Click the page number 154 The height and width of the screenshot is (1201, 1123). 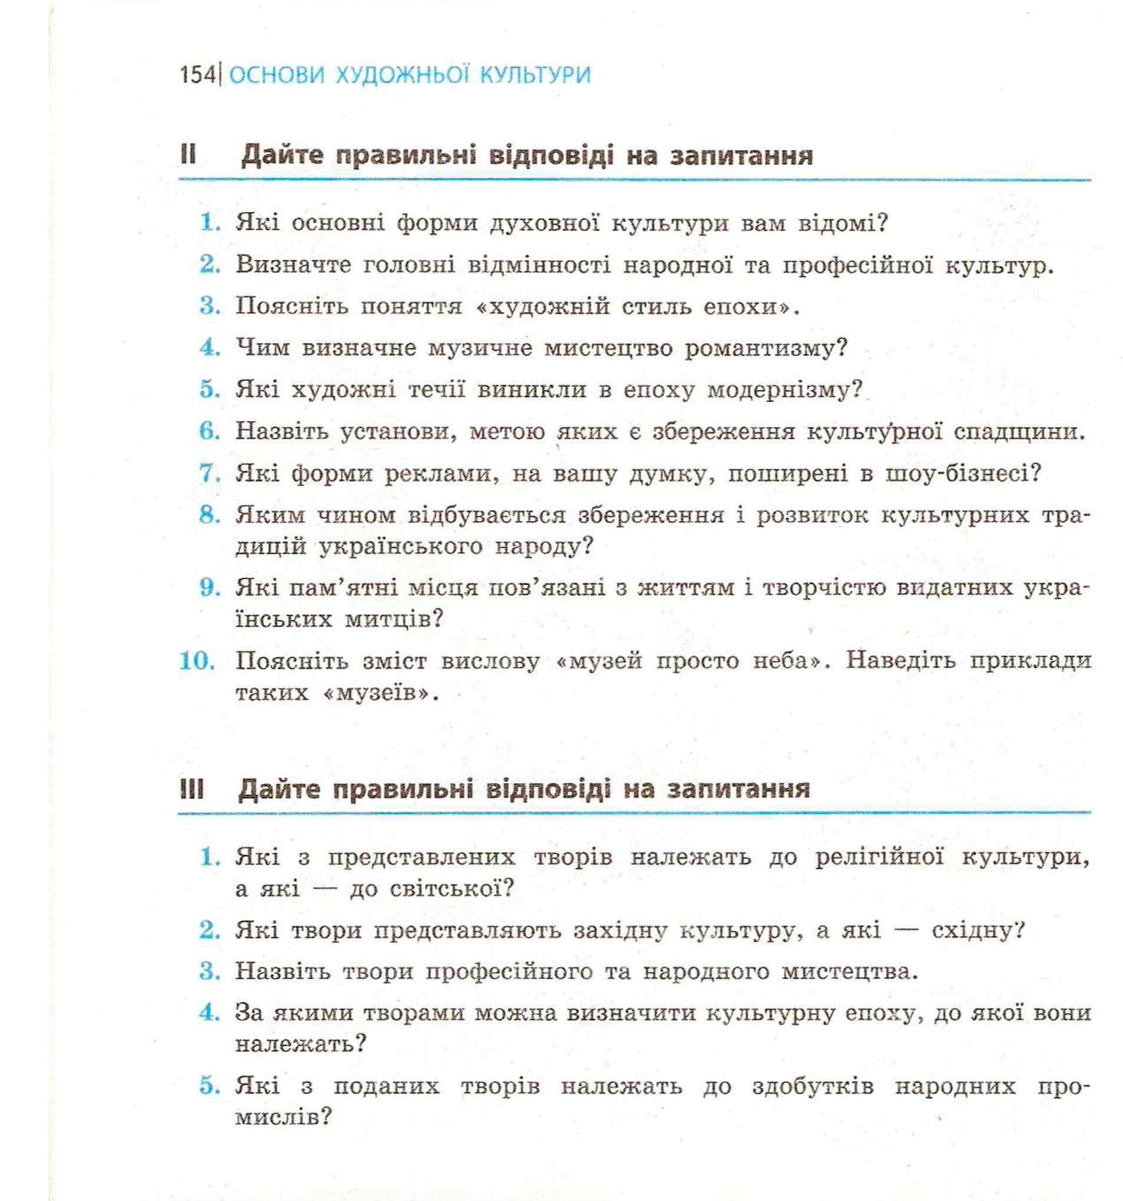point(197,75)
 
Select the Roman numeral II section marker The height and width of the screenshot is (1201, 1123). point(188,155)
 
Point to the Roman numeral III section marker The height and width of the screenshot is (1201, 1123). point(191,789)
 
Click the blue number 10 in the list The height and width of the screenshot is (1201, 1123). point(197,660)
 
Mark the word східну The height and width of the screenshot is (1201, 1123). point(977,930)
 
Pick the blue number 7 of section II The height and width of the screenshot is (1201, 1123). point(209,474)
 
